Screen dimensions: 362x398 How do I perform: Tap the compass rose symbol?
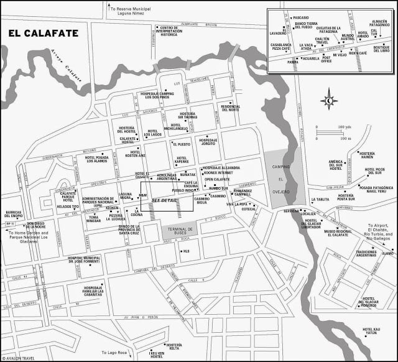point(329,100)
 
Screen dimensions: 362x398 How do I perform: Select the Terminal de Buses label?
point(179,231)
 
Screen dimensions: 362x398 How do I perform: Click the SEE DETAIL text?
point(165,200)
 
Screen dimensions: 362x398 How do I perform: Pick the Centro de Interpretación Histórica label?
point(173,31)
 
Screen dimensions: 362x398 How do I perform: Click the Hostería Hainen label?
point(367,155)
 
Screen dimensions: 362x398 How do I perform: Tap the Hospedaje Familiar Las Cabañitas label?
point(101,290)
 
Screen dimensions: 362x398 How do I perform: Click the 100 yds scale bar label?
point(341,128)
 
